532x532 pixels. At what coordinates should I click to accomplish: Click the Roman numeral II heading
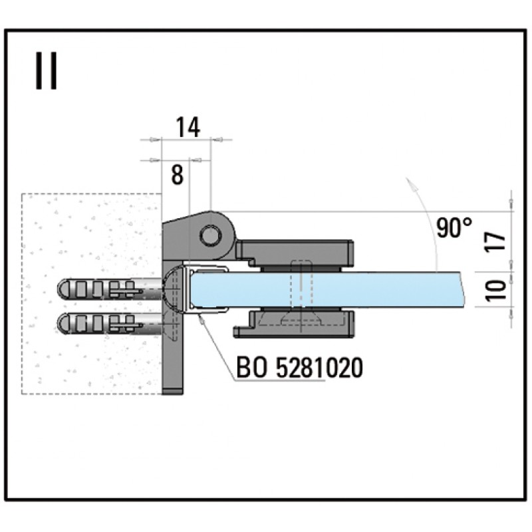coord(46,71)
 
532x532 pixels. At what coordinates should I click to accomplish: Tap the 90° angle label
coord(454,228)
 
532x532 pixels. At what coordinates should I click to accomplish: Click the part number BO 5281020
coord(299,367)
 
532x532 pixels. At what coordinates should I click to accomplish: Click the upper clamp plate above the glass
coord(296,251)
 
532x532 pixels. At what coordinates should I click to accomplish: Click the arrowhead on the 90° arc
coord(411,183)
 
